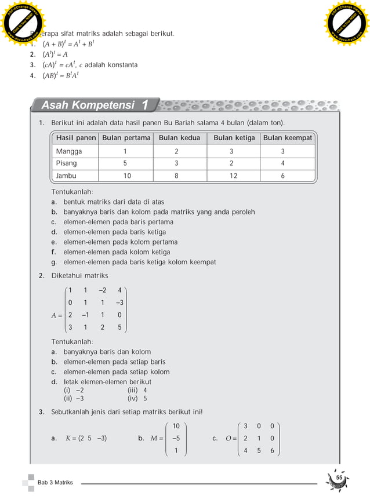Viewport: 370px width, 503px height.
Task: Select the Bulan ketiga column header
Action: [x=234, y=138]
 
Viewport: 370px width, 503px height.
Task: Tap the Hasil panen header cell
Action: [x=76, y=138]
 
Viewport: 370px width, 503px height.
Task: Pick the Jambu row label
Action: [x=67, y=175]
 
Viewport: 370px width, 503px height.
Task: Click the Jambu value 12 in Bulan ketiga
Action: [x=233, y=175]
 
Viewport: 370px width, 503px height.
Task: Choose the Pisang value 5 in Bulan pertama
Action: [x=125, y=163]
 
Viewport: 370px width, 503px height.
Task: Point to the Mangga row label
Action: [x=69, y=151]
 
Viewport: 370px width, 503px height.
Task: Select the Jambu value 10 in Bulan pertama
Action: [x=127, y=175]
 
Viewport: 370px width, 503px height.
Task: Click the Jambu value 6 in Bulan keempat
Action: [x=282, y=175]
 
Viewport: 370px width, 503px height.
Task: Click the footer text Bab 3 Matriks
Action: [x=56, y=483]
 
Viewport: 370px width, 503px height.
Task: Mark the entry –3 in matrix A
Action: [x=119, y=302]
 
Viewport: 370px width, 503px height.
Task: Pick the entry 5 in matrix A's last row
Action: [x=119, y=327]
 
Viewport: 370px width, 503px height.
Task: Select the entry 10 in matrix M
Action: [x=176, y=426]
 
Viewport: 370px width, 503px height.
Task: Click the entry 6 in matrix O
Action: [x=272, y=451]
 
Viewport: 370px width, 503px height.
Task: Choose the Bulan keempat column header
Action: [x=288, y=138]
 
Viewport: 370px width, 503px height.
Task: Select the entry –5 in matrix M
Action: [x=176, y=438]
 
